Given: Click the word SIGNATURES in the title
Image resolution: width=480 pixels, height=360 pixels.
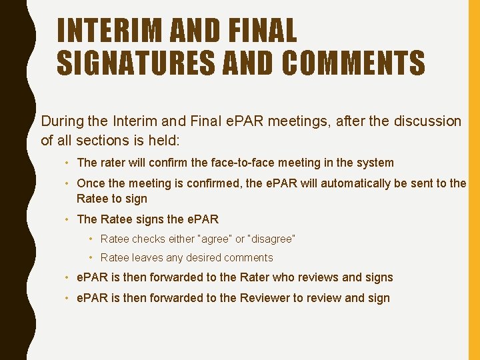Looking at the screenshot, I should point(134,63).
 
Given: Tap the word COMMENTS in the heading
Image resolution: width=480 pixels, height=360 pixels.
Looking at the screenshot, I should point(353,63).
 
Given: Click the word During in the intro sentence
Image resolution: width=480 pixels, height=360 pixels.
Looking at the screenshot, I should point(62,121).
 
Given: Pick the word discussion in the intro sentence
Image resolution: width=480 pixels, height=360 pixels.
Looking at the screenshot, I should point(426,121).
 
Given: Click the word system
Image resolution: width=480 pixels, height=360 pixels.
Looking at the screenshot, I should point(375,163).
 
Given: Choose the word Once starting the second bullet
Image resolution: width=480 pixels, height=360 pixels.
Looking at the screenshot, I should point(90,183).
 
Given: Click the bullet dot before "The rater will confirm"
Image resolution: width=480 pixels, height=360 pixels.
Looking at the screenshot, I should point(69,163).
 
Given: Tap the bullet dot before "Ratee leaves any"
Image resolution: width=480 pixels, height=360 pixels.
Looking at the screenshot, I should point(93,257).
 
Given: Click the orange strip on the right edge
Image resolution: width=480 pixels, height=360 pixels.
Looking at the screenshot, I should point(473,180).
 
